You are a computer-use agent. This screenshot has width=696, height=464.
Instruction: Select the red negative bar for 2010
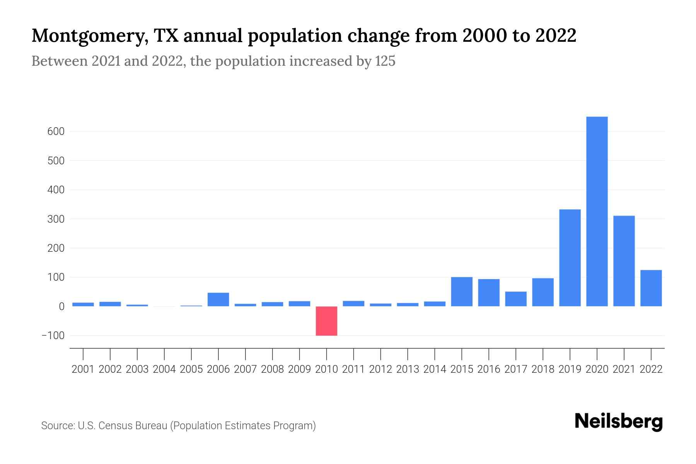coord(326,321)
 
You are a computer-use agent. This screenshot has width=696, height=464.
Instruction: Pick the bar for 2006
coord(218,300)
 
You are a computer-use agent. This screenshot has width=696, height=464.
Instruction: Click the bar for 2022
coord(651,288)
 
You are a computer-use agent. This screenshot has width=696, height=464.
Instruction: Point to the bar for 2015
coord(461,292)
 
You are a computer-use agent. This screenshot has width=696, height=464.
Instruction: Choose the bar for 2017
coord(515,299)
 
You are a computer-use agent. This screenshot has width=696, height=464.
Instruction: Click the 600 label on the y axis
coord(56,131)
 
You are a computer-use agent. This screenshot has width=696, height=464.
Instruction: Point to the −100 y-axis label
coord(53,336)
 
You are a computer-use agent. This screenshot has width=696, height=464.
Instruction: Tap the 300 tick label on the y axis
coord(56,219)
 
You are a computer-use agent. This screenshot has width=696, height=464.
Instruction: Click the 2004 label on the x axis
coord(164,369)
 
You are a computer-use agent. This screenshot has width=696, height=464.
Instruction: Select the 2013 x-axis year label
coord(408,369)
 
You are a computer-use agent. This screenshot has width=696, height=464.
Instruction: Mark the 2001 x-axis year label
coord(83,369)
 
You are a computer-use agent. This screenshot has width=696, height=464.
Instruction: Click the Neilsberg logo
coord(618,421)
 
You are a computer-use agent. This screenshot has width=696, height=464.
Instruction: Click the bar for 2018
coord(542,292)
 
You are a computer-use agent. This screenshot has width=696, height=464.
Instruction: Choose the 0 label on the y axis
coord(61,307)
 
